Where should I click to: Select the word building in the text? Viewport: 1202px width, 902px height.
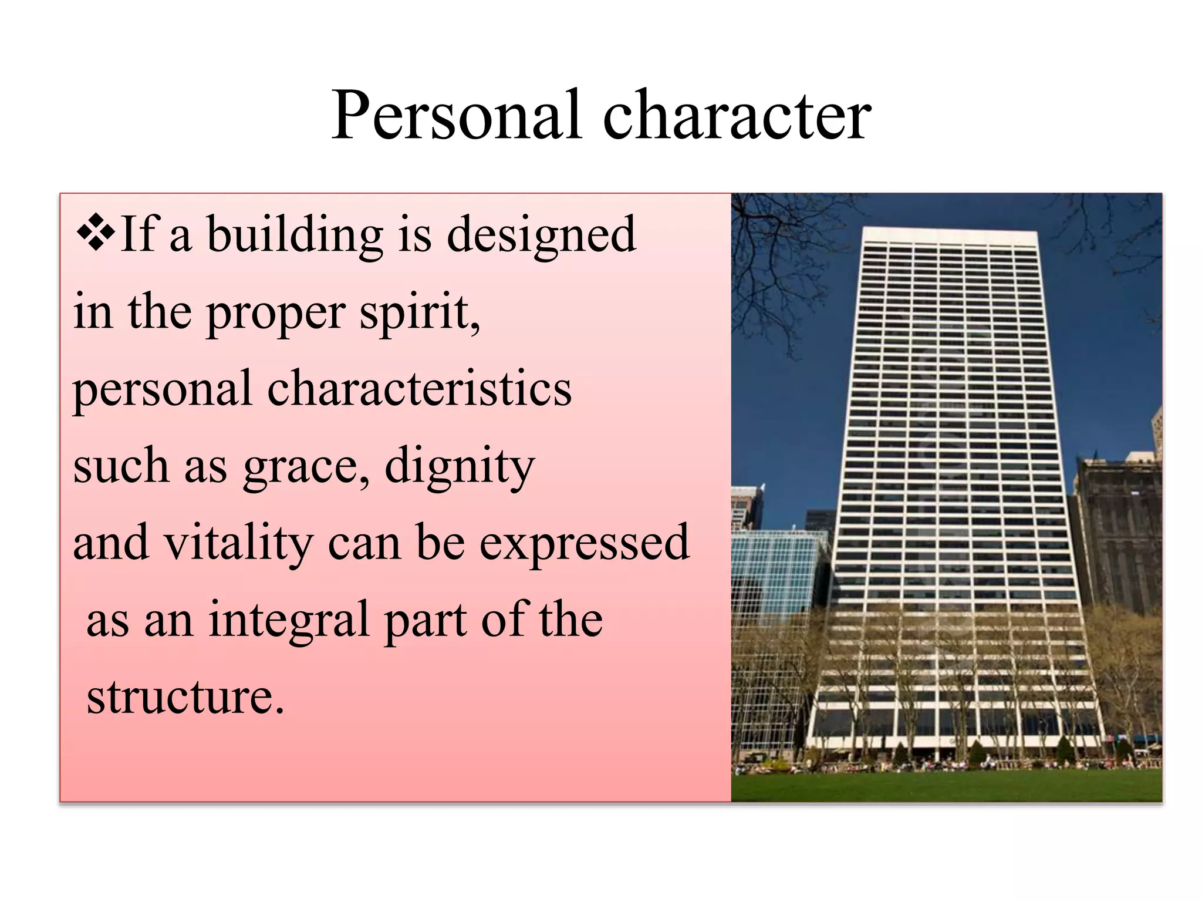click(295, 235)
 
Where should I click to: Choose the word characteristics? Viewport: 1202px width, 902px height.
click(419, 389)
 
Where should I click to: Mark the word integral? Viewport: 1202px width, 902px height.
click(289, 620)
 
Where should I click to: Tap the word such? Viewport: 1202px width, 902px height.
click(121, 465)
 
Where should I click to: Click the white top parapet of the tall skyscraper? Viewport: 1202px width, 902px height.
click(950, 236)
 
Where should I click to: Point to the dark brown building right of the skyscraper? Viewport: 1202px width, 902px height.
click(1118, 529)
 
